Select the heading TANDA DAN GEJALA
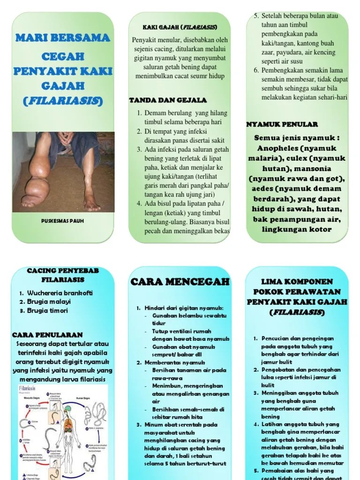point(167,100)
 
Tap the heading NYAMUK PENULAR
point(282,124)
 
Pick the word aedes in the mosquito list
point(262,188)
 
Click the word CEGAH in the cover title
point(62,56)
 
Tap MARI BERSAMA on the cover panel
point(62,37)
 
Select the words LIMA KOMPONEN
point(297,282)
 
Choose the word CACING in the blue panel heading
point(43,270)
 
